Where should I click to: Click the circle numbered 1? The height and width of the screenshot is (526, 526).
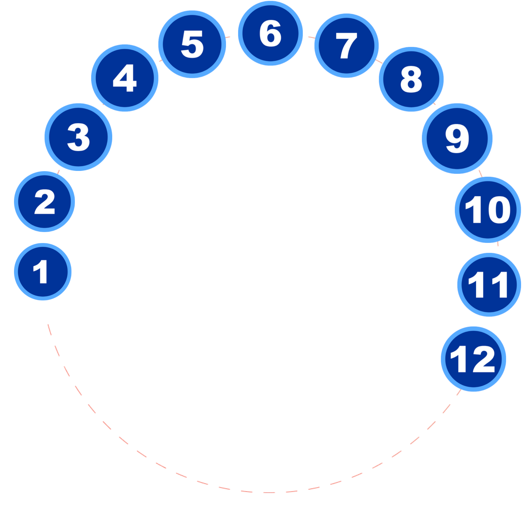[x=43, y=271]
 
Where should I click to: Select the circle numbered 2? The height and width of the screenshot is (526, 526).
[x=44, y=202]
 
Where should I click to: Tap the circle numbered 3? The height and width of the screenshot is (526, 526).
[x=78, y=137]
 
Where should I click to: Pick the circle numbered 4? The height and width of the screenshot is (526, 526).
[x=125, y=78]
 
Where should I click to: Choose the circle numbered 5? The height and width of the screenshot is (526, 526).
[x=192, y=44]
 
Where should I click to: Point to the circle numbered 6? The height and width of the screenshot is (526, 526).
[x=270, y=34]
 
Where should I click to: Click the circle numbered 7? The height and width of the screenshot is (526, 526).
[x=346, y=45]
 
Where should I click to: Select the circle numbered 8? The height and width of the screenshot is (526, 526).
[x=411, y=79]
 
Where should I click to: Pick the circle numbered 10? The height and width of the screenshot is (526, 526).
[x=488, y=210]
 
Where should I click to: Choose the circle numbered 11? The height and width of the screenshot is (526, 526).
[x=489, y=284]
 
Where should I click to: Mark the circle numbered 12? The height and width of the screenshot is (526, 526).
[x=474, y=359]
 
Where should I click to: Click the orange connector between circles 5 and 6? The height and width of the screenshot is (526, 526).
[x=228, y=36]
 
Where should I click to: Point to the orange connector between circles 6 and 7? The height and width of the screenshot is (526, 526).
[x=311, y=37]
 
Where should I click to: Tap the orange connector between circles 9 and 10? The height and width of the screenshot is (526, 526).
[x=481, y=173]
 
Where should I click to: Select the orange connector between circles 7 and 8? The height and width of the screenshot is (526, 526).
[x=379, y=61]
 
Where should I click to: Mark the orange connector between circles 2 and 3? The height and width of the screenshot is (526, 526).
[x=58, y=171]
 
